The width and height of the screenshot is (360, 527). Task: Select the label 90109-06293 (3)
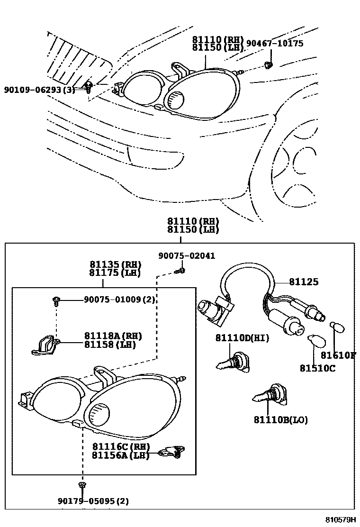39,90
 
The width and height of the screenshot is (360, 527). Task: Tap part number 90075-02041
186,256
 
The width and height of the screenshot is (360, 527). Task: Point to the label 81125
304,282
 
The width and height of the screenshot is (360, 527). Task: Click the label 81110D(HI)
242,338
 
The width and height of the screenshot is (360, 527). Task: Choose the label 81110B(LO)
280,420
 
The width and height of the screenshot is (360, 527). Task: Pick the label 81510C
317,368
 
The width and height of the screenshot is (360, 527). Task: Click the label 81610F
338,355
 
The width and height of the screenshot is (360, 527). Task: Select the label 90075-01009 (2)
119,300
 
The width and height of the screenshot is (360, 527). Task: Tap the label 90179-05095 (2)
93,501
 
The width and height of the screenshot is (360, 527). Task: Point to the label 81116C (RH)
121,446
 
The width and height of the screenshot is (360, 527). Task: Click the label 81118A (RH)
113,336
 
